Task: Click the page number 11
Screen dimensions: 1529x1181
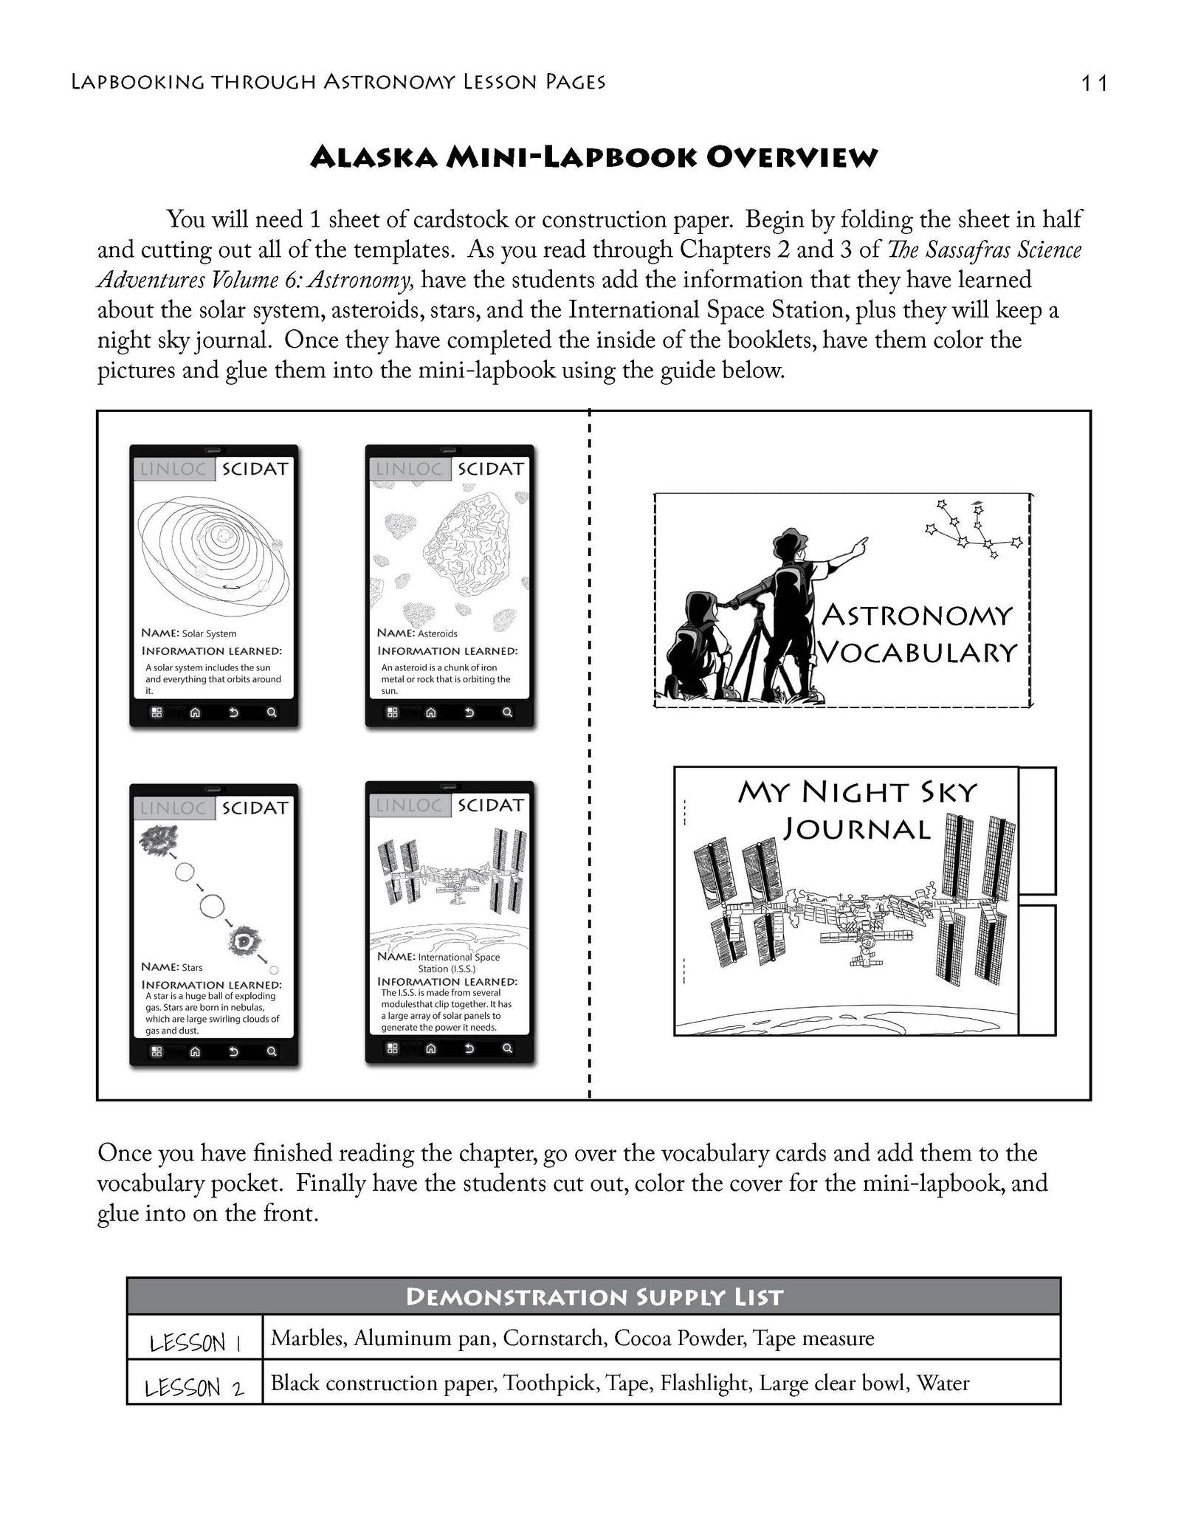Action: [1094, 83]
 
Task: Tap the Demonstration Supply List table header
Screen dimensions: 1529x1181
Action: [594, 1296]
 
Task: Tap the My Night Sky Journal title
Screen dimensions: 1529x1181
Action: [857, 810]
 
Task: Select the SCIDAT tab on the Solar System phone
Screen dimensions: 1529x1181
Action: [255, 469]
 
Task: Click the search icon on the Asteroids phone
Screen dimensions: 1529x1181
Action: [507, 712]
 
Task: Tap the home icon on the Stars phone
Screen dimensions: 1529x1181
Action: [195, 1051]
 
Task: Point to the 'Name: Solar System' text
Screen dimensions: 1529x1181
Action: [189, 633]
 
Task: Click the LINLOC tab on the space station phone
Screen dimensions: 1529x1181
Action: [408, 805]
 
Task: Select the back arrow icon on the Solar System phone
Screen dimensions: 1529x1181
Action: [233, 712]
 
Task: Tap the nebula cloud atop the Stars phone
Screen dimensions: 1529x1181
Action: [159, 841]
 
